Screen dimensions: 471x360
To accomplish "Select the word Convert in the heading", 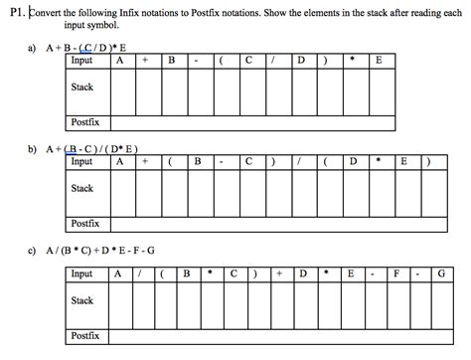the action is point(53,12).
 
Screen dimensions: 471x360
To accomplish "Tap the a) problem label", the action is point(32,47).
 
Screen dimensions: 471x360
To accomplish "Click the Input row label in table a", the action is point(82,60).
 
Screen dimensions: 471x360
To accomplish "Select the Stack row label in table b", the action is point(82,188).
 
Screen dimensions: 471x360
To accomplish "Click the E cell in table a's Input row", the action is point(378,60).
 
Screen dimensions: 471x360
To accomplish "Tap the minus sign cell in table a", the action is point(197,60).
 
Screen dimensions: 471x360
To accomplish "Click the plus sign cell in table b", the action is point(145,161).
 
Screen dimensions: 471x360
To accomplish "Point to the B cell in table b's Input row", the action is point(197,161).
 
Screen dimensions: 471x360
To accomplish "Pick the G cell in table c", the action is point(441,273).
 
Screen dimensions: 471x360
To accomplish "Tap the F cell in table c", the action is point(395,273).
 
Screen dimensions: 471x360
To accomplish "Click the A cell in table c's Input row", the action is point(117,273).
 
